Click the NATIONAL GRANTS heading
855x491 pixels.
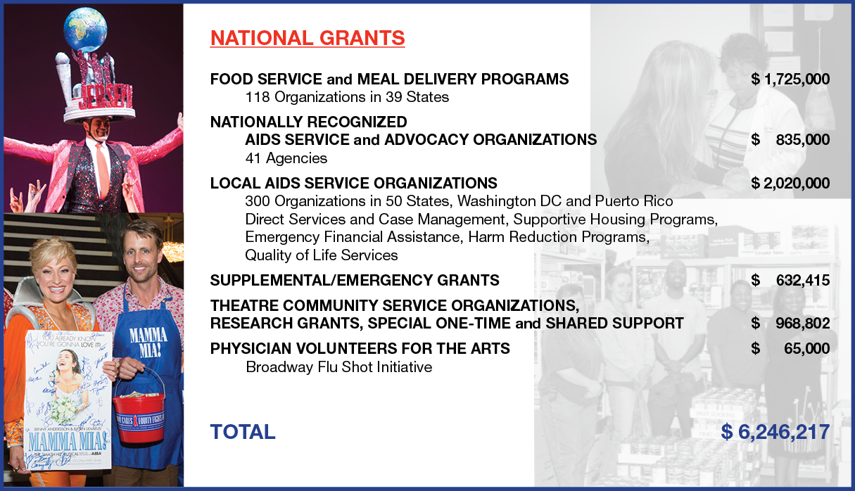[x=308, y=38]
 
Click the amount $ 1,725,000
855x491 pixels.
[x=790, y=79]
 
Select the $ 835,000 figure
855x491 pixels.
[x=790, y=139]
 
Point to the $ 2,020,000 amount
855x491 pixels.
[x=790, y=184]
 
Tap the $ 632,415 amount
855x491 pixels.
[x=790, y=281]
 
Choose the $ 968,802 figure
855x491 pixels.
[x=790, y=324]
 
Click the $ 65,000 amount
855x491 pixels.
[x=790, y=349]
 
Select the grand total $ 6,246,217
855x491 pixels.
[x=775, y=432]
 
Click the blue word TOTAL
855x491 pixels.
[x=242, y=432]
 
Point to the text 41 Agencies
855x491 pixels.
[x=286, y=158]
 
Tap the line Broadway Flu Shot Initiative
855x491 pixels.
[x=339, y=367]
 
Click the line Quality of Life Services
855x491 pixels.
[x=322, y=255]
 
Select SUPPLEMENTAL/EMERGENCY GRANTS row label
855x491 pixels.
[x=355, y=281]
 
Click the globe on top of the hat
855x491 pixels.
[x=85, y=30]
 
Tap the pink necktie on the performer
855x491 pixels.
[x=102, y=168]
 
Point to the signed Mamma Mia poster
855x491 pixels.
[x=68, y=400]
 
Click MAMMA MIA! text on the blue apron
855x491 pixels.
[x=148, y=342]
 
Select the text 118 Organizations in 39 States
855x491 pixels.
[x=347, y=97]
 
